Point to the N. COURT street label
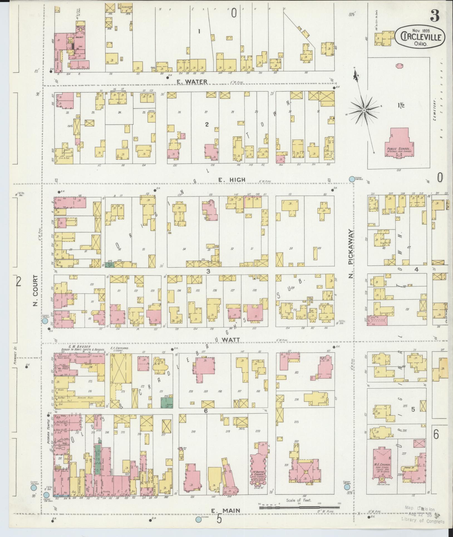tap(35, 291)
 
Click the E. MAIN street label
tap(222, 511)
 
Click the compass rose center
tap(363, 111)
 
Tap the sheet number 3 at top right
tap(435, 16)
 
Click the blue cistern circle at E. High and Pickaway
tap(352, 179)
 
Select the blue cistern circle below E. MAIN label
tap(198, 519)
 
